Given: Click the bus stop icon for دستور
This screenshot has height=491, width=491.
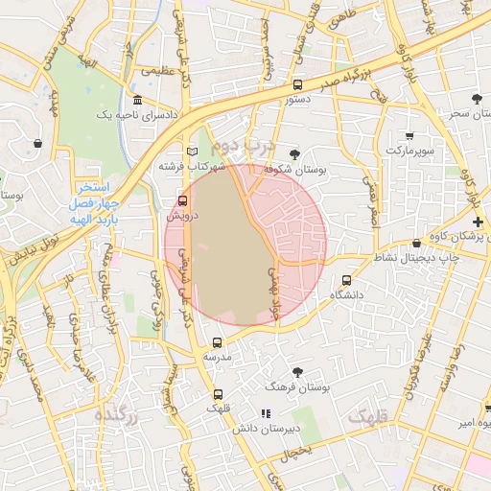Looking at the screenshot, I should [296, 84].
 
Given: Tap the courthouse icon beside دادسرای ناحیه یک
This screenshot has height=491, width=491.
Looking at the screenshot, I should [138, 101].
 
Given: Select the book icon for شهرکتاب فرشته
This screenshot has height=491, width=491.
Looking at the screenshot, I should [192, 152].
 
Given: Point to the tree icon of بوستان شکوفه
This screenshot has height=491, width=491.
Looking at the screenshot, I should [293, 154].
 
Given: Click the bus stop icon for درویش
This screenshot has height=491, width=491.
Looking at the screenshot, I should [183, 200].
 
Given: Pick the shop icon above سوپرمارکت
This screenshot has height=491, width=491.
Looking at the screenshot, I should [410, 135].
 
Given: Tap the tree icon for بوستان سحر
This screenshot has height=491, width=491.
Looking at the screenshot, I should [478, 99].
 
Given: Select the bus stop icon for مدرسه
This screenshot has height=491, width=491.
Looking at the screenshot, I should [217, 342].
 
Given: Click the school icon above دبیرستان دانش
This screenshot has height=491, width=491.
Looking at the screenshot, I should [266, 413].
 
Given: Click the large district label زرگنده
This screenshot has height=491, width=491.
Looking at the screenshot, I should [117, 416].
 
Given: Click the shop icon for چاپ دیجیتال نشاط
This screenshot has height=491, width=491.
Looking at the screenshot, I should [415, 244].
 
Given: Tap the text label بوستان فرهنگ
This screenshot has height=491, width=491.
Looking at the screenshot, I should [299, 388].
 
